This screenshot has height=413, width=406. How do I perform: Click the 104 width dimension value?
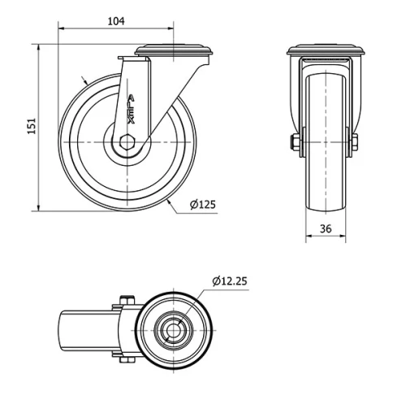(115, 22)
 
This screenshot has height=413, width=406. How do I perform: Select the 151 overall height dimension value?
(32, 127)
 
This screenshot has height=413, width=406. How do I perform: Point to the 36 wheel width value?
(326, 228)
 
